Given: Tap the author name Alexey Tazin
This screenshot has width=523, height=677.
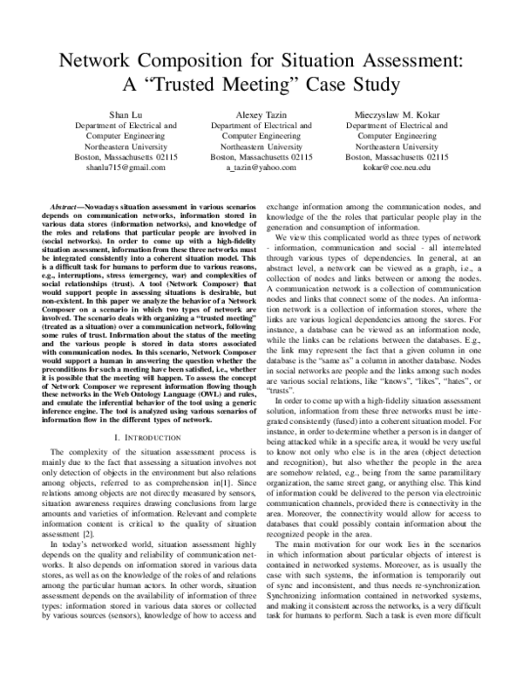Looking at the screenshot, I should point(261,114).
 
